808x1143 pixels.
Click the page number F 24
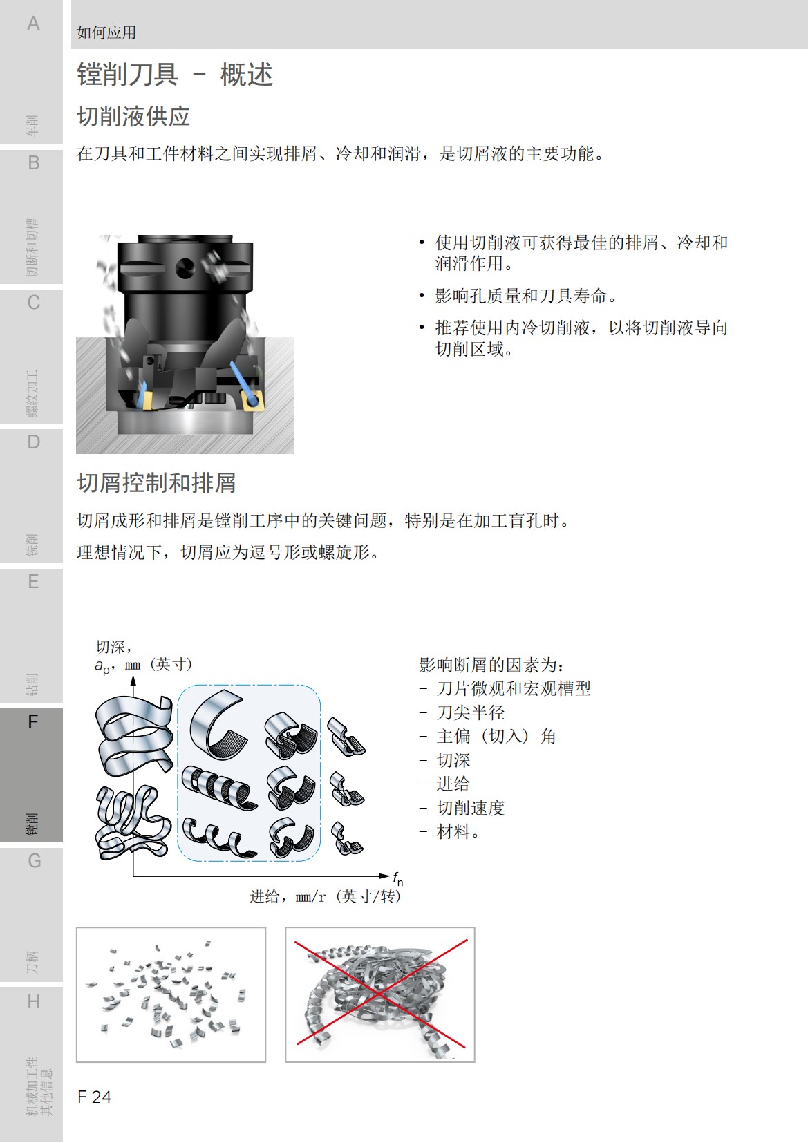[95, 1097]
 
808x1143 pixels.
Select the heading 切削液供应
[133, 117]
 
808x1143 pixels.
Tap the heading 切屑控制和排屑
[156, 482]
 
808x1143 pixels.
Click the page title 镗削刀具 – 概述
[175, 75]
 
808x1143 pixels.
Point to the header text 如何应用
[106, 32]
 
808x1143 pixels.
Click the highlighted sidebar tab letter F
[32, 722]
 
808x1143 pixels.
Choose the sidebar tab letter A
[33, 23]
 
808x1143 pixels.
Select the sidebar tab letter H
[33, 1001]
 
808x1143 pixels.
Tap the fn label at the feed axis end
[397, 878]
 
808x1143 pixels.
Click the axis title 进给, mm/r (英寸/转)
[325, 897]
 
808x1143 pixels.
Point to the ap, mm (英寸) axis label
[144, 665]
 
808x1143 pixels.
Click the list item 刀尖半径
[471, 712]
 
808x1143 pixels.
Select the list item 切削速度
[471, 808]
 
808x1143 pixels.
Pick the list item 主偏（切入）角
[496, 736]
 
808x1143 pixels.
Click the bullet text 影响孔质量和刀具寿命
[525, 296]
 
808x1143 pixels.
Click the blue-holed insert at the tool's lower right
[252, 399]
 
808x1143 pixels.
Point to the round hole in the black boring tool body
[185, 267]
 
